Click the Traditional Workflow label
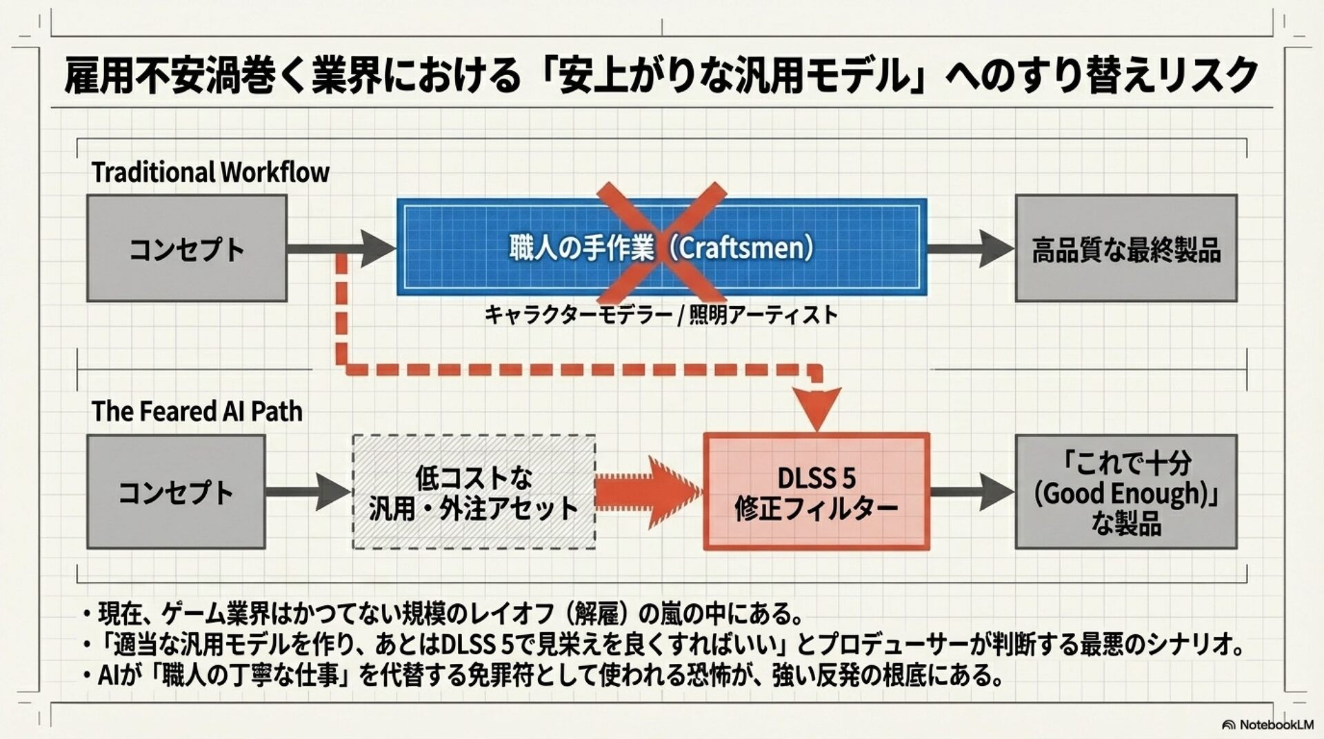click(x=210, y=172)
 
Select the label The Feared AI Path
click(x=197, y=412)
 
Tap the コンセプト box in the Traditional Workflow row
click(x=187, y=248)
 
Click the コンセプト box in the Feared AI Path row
click(x=176, y=492)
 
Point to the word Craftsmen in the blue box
click(x=743, y=247)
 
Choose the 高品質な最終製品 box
click(x=1125, y=248)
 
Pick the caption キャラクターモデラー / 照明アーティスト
click(x=661, y=315)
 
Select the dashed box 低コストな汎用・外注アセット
click(x=474, y=492)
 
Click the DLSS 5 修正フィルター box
click(x=816, y=492)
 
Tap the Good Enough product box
click(x=1125, y=492)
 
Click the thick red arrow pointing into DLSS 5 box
click(x=648, y=491)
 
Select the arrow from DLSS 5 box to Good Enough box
click(x=972, y=492)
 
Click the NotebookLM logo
click(x=1267, y=725)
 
